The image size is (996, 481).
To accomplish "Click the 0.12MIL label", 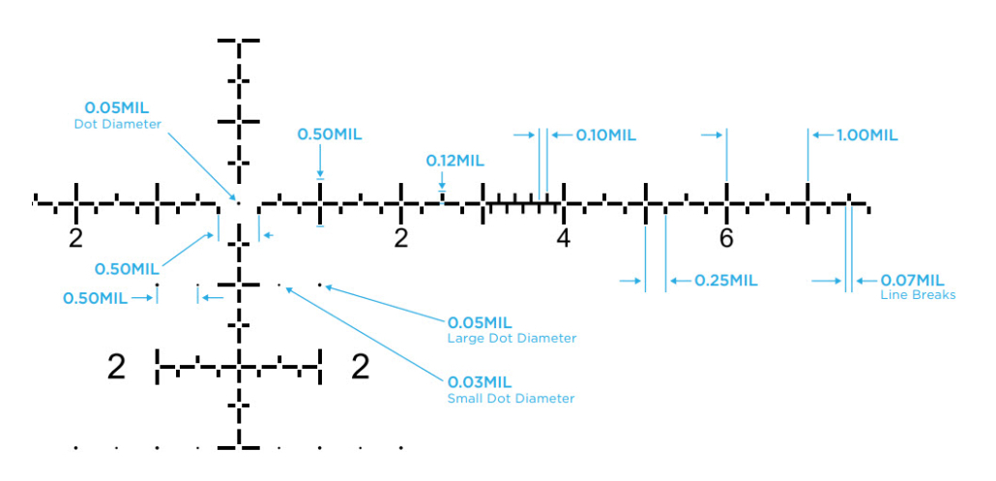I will point(454,161).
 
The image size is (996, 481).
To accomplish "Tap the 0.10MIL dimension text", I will point(605,135).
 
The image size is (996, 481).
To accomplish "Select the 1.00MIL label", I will point(866,135).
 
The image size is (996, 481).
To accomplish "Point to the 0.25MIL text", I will point(725,281).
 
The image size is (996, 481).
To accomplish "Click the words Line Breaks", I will point(918,295).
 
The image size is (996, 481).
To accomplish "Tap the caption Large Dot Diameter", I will point(512,339).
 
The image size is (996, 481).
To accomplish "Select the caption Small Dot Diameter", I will point(511,399).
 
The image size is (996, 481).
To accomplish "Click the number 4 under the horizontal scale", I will point(563,238).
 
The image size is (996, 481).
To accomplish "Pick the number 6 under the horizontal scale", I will point(726,238).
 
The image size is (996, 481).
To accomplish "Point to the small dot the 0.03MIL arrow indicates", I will point(279,286).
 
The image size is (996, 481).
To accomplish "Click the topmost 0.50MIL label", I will point(329,135).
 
